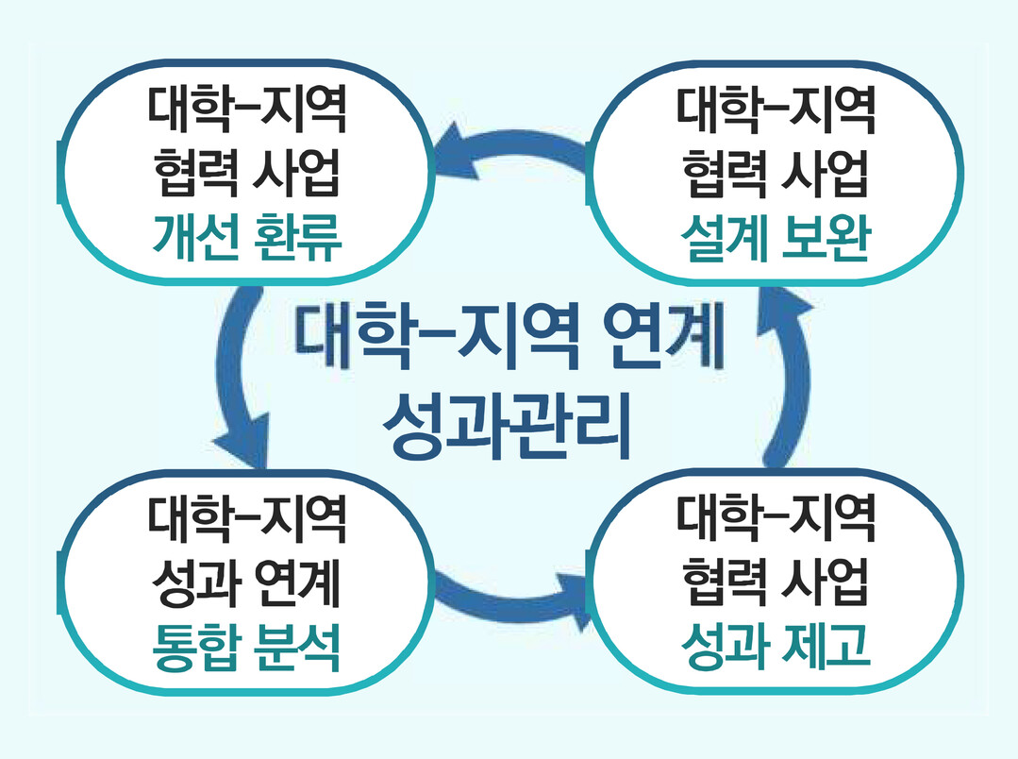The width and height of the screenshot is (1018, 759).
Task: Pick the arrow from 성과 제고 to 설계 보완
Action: tap(789, 378)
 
